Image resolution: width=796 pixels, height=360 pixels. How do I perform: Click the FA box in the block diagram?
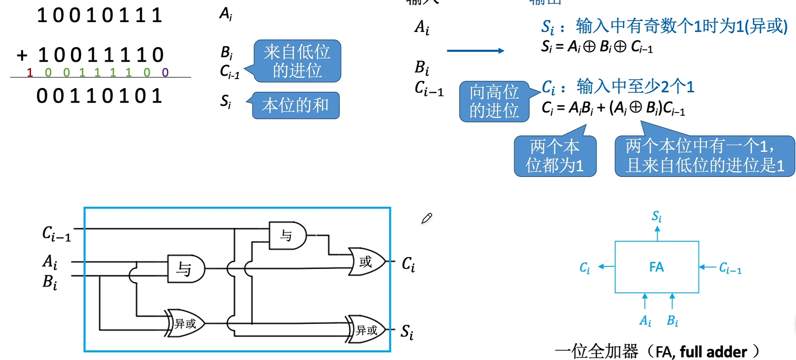[x=657, y=267]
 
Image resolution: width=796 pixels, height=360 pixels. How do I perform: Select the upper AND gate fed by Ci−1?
[x=288, y=235]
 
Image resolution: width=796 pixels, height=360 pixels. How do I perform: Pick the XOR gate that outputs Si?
[x=367, y=330]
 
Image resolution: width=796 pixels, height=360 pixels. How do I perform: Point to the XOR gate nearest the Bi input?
[x=185, y=323]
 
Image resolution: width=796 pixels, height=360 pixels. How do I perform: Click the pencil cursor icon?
[x=426, y=218]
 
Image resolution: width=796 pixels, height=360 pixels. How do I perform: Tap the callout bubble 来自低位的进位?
[x=297, y=61]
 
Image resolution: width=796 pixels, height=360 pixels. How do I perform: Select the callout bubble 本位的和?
[x=296, y=105]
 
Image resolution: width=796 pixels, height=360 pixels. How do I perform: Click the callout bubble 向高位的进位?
[x=494, y=102]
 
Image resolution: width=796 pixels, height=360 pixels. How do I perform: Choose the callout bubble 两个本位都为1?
[x=555, y=156]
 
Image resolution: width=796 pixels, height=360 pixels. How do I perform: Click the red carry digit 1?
[x=30, y=72]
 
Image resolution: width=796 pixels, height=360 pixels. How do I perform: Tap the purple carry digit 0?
[x=165, y=72]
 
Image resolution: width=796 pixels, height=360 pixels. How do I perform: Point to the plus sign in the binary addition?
[x=22, y=56]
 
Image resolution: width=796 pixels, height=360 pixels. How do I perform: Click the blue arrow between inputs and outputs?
[x=475, y=50]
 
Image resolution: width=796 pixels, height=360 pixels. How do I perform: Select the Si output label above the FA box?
[x=657, y=216]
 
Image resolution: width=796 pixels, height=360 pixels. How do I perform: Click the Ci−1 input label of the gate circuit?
[x=56, y=233]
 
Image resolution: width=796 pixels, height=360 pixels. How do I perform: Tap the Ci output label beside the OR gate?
[x=408, y=264]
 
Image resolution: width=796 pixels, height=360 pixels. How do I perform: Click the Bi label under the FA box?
[x=672, y=321]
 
